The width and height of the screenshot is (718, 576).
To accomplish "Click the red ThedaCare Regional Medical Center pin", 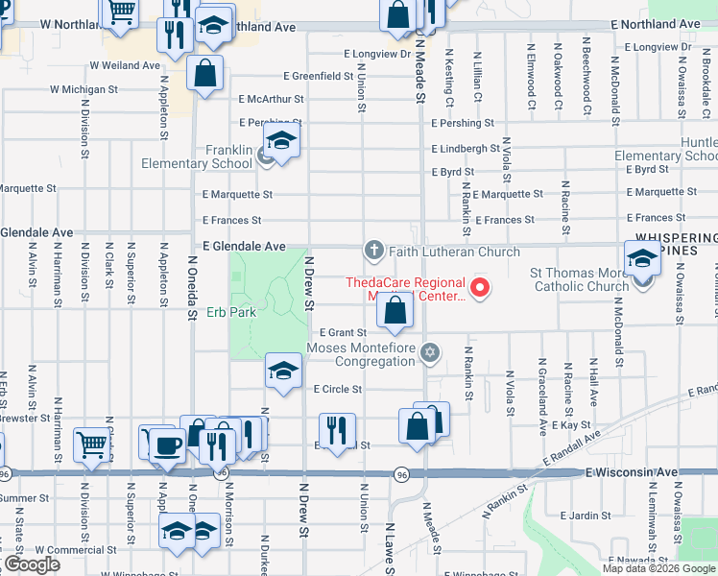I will [x=479, y=286].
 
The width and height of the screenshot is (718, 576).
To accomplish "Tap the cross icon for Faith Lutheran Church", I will [x=373, y=251].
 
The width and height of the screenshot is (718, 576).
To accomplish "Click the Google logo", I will [x=32, y=564].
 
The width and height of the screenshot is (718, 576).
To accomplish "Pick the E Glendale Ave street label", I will [x=243, y=246].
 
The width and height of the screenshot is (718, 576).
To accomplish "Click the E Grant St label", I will [x=344, y=332].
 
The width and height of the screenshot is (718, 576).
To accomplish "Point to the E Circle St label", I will [x=338, y=389].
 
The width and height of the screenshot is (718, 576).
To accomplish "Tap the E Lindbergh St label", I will [x=465, y=149].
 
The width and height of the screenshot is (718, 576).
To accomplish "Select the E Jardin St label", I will [x=579, y=516].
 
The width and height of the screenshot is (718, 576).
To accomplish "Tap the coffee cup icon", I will [x=168, y=444].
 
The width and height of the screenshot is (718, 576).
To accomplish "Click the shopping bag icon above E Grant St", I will [x=395, y=310].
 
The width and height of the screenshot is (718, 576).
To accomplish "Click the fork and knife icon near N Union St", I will [x=336, y=430].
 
